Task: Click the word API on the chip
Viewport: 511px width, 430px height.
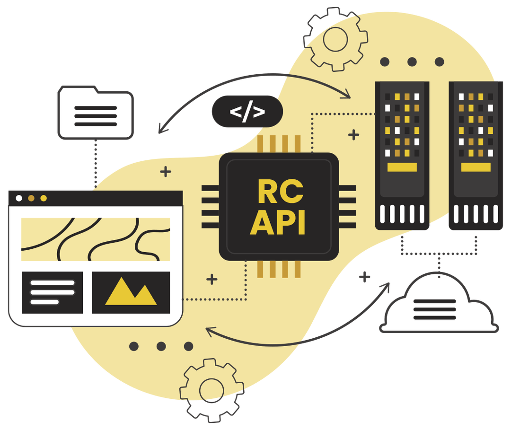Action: (x=278, y=222)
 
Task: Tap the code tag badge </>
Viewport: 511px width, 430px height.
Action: (x=247, y=112)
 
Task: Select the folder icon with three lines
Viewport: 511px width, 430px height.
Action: (x=95, y=113)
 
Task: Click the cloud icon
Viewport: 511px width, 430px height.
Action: (x=439, y=305)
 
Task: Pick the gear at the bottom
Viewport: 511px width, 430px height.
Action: (x=208, y=389)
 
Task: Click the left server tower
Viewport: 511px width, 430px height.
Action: (x=402, y=156)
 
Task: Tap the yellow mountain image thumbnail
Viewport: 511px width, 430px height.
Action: (x=131, y=292)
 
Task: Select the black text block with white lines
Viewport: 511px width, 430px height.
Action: (x=52, y=292)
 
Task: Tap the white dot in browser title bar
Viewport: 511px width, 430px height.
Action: (x=19, y=198)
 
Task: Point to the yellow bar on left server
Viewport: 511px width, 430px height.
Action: (x=402, y=167)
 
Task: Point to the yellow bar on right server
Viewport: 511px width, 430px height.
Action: (x=476, y=167)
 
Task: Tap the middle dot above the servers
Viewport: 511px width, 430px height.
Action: (x=412, y=62)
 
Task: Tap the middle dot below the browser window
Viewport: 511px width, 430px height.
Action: (x=161, y=346)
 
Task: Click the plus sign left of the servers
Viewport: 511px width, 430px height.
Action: (x=353, y=135)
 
